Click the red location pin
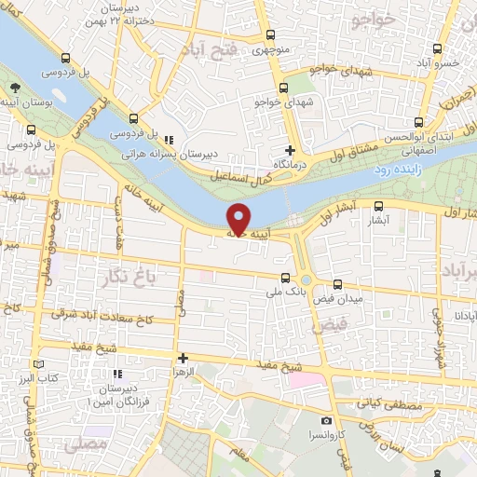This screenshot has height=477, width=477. coord(239,218)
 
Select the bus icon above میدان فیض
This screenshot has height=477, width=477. coord(336,284)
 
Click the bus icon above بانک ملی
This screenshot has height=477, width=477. coord(286,276)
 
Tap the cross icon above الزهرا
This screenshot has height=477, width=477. coord(183,358)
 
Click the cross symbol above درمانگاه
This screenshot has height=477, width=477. coord(291,149)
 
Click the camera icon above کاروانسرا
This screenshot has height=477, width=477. coord(325,421)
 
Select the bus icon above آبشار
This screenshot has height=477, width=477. coord(379,207)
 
